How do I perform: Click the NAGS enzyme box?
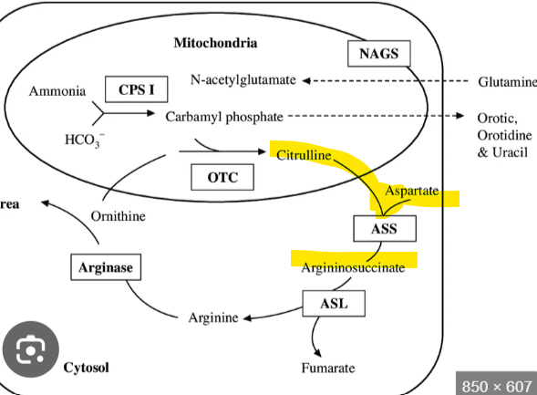pos(379,54)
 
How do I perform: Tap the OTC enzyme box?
pos(223,177)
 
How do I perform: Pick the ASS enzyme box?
pos(384,228)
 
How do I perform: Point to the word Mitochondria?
pos(215,43)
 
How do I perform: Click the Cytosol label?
pos(86,368)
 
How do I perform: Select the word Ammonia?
pos(57,91)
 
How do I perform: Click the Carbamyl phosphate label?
pos(224,117)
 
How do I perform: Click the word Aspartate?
pos(412,192)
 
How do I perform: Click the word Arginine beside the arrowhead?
pos(213,317)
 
